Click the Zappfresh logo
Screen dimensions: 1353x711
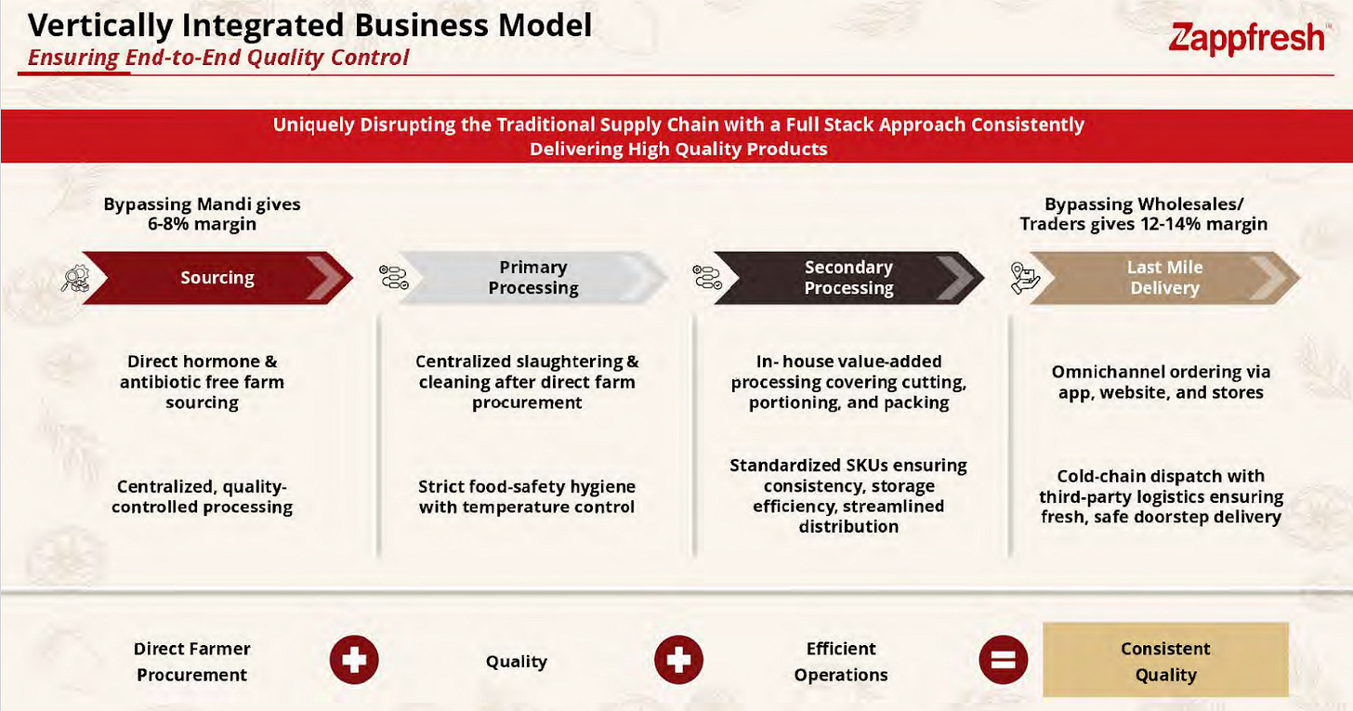point(1247,38)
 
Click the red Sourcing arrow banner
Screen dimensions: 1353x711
point(217,278)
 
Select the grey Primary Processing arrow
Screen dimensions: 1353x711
point(532,278)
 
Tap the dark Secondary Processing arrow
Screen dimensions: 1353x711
point(847,278)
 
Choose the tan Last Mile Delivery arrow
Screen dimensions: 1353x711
point(1163,278)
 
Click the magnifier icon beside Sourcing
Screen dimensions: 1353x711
point(73,278)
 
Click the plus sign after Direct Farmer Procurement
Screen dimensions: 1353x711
point(354,661)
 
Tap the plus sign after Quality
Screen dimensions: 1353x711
point(678,661)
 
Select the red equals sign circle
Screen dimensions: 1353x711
point(1002,661)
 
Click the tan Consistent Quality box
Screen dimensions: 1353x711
point(1165,661)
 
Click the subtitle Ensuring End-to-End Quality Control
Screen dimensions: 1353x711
point(218,58)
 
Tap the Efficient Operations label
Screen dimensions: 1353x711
point(841,661)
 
